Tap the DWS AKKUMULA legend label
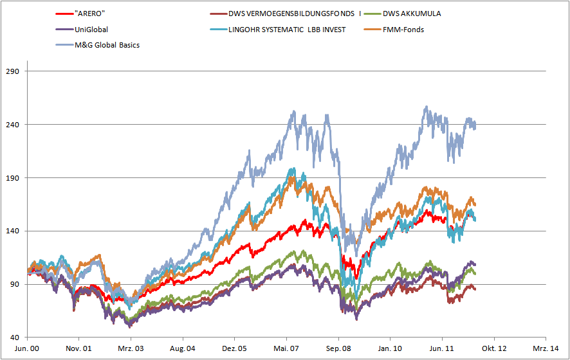412,13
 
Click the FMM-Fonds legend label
403,29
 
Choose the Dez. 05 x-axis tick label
235,348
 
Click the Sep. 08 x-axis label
338,348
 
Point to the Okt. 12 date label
494,348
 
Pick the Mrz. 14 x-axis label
546,348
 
